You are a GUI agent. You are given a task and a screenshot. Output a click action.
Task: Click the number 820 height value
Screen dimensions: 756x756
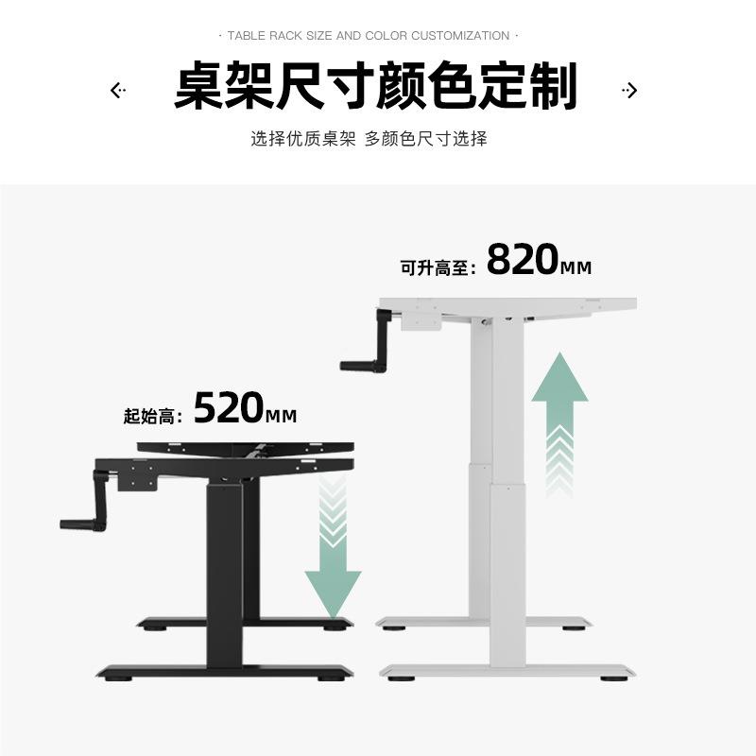(x=523, y=260)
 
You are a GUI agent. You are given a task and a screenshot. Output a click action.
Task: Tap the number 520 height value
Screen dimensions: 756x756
(x=229, y=407)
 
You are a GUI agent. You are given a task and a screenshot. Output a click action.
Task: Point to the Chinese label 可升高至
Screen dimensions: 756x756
(x=436, y=268)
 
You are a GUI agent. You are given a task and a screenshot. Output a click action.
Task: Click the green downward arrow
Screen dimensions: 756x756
(x=333, y=567)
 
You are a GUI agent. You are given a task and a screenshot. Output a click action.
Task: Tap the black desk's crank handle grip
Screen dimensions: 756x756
(x=75, y=523)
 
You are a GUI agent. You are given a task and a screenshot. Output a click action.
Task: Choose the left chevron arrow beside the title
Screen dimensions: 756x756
(x=117, y=91)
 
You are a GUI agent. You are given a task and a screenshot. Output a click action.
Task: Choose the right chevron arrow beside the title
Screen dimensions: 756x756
(x=630, y=91)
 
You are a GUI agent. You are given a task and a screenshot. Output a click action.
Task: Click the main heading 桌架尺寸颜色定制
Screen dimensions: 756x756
(x=375, y=88)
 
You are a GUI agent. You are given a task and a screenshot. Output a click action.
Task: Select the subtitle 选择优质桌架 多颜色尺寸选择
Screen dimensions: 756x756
(x=369, y=139)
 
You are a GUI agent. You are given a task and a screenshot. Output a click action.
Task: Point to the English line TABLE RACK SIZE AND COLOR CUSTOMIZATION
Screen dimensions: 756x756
(x=369, y=36)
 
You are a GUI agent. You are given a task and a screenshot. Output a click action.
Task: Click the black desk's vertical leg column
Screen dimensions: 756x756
(x=224, y=567)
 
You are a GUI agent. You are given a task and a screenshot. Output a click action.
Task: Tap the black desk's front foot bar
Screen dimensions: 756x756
(x=225, y=672)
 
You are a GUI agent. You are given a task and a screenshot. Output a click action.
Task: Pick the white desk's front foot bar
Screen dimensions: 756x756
(x=507, y=671)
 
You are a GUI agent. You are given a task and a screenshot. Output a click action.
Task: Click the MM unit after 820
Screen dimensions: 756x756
(x=576, y=268)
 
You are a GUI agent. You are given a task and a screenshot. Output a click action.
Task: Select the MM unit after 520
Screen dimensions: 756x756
(x=282, y=416)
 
